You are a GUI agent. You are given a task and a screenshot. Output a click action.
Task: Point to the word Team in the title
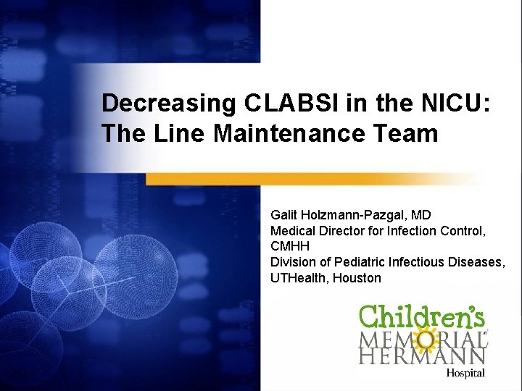coord(408,133)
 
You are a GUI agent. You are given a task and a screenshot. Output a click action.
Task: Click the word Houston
coord(357,278)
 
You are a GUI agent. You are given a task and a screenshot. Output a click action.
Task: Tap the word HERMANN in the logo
coord(422,356)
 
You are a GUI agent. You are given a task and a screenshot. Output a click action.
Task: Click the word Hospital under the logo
coord(465,373)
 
